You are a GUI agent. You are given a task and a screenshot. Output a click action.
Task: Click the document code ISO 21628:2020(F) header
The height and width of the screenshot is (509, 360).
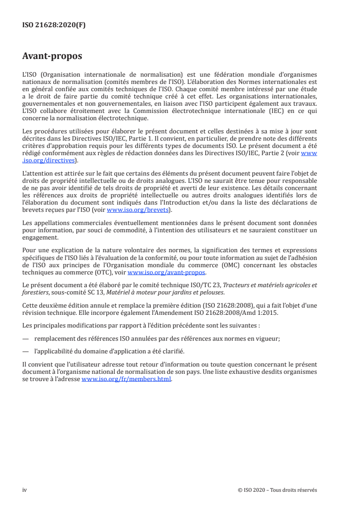point(54,25)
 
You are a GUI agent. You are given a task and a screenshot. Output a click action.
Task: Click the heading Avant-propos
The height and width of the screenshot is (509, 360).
point(52,56)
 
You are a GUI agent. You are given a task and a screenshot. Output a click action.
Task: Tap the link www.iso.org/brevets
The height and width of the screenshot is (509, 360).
point(138,210)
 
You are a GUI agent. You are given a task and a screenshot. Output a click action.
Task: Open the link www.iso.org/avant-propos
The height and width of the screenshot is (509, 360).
point(167,273)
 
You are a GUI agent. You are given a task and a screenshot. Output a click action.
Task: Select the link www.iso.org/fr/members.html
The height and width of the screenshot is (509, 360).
point(126,379)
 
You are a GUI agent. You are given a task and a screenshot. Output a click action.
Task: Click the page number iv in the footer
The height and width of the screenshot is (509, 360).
point(25,490)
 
